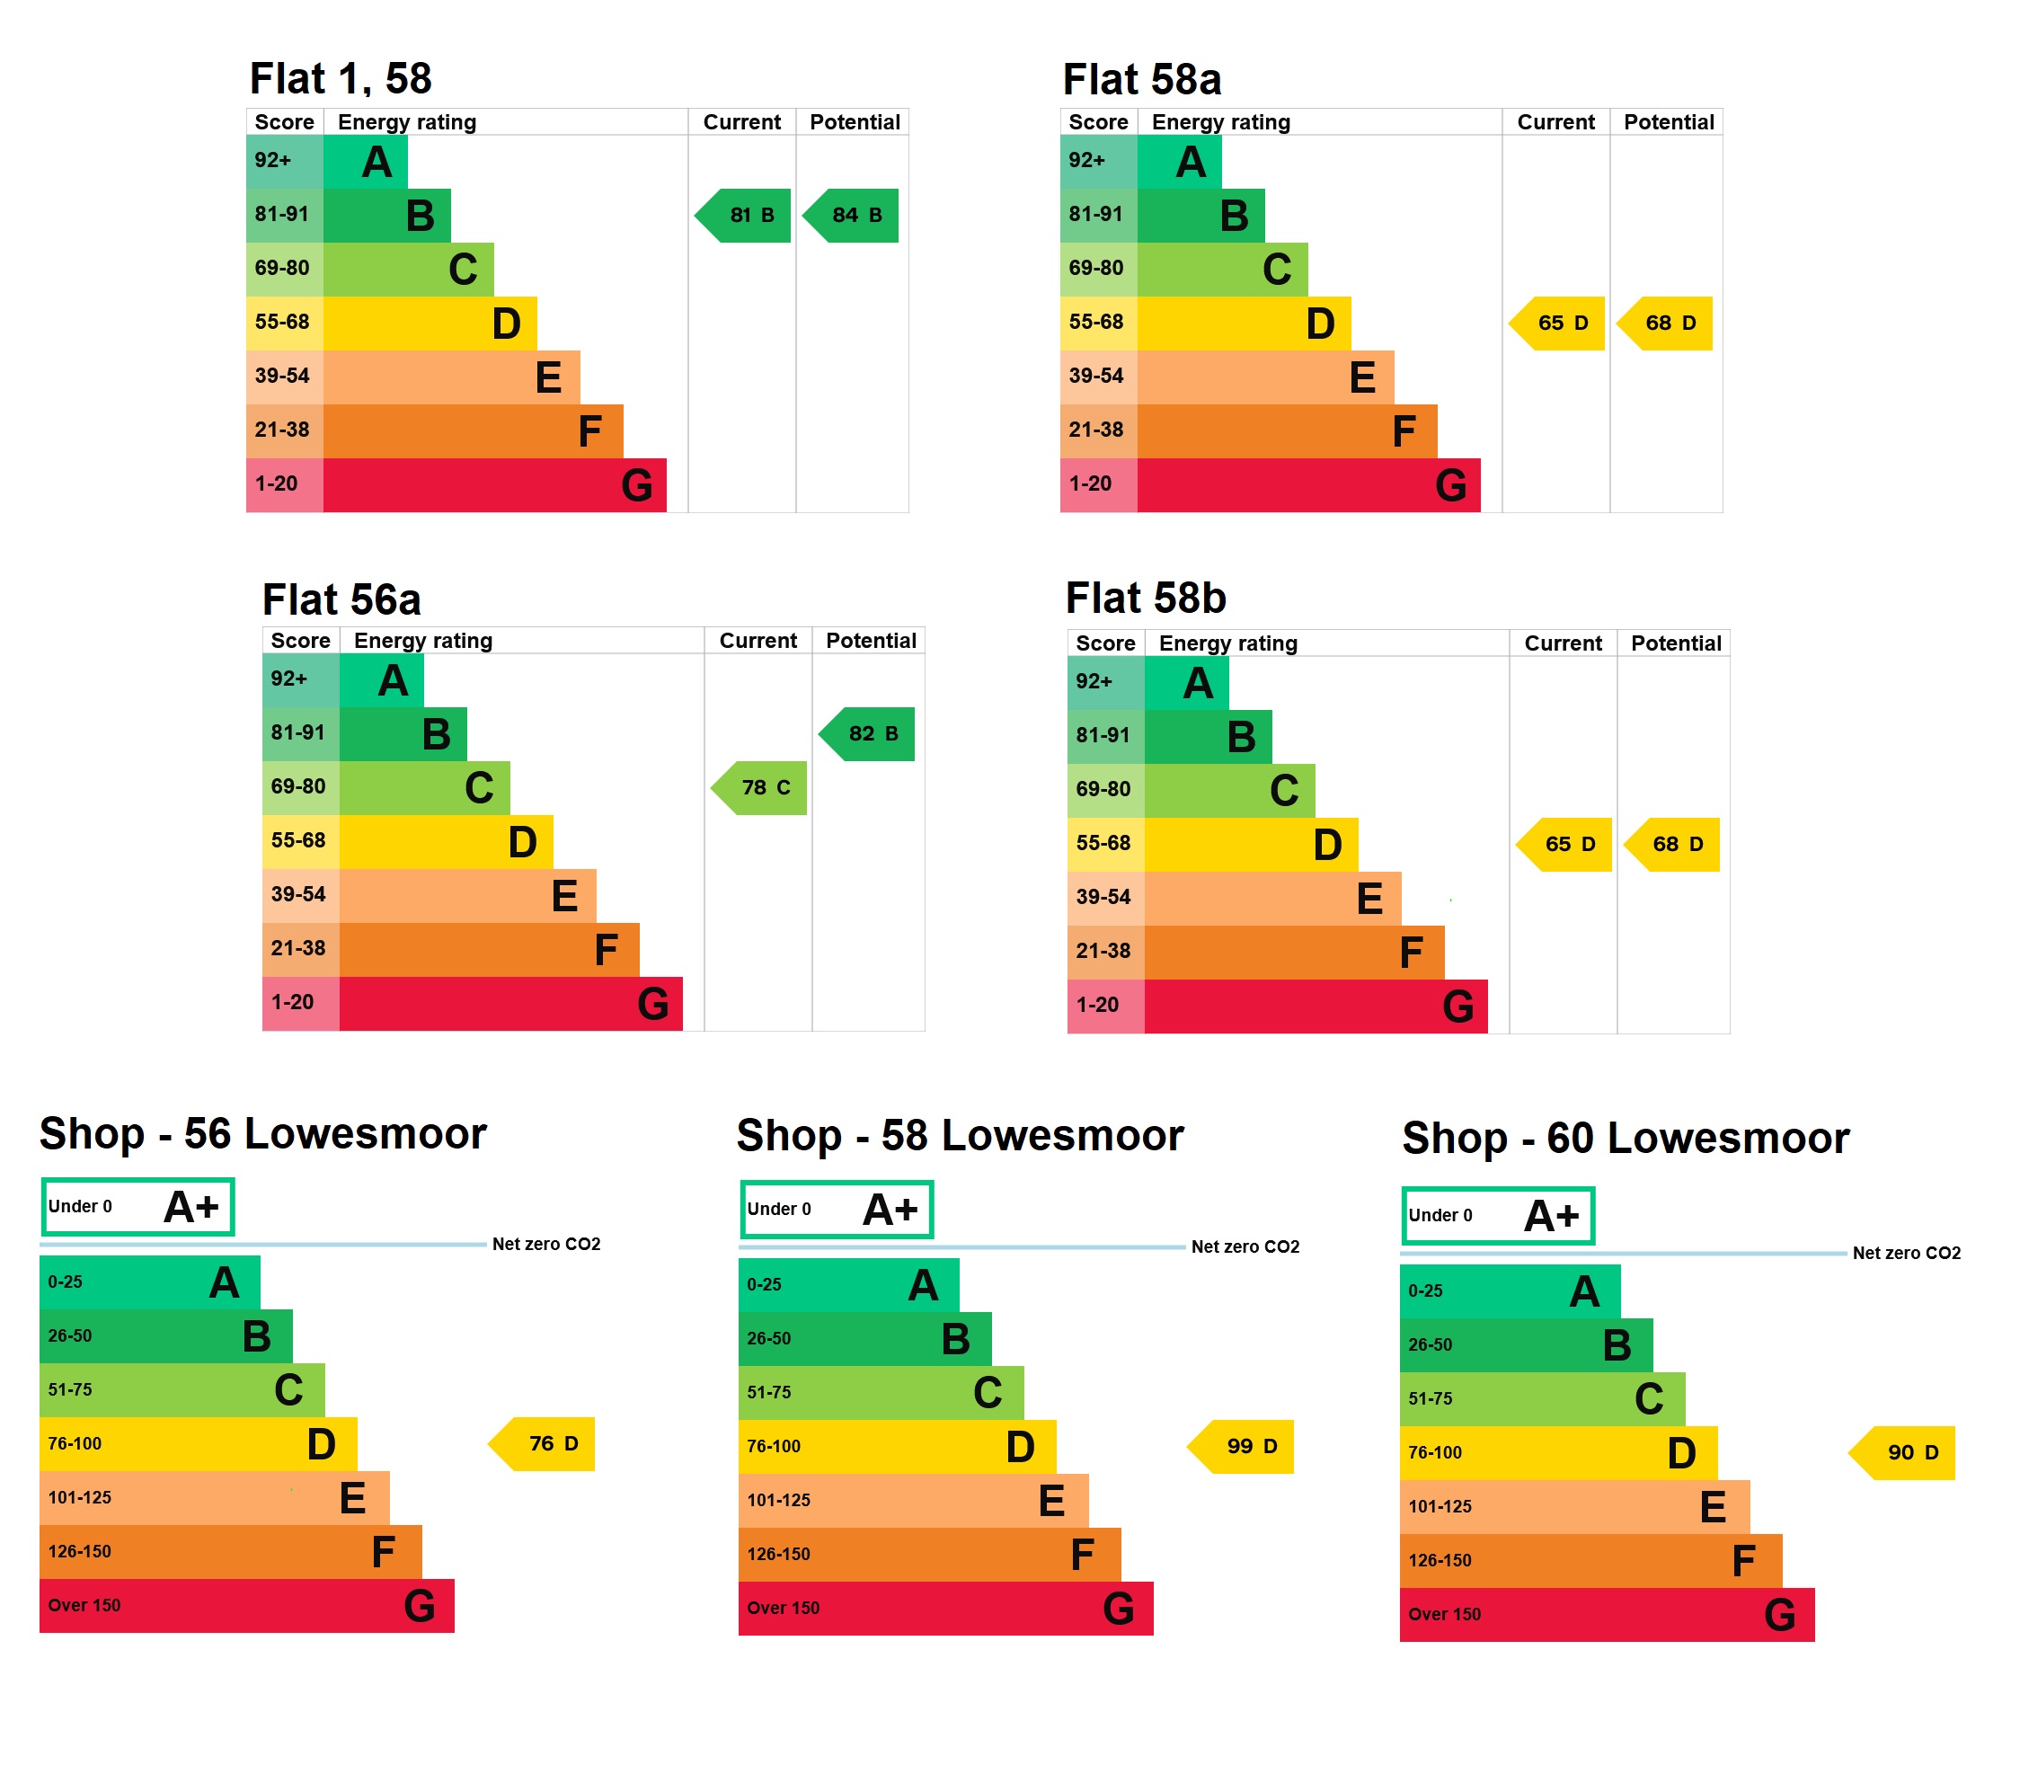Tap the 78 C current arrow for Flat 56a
761,787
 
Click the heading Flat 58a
1141,79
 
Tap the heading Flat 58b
1146,598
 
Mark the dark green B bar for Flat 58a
1200,215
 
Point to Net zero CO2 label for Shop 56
545,1244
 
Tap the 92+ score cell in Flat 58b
1105,681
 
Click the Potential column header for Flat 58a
1668,122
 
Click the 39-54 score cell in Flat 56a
298,894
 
